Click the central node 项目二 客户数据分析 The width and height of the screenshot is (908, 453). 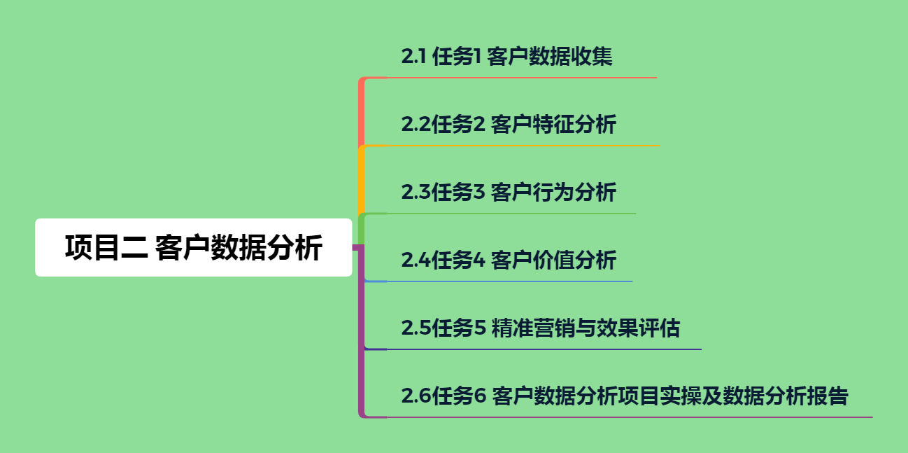(x=193, y=248)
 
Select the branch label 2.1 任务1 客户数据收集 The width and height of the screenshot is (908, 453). (x=506, y=57)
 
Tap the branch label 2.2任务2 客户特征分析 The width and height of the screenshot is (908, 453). (x=509, y=125)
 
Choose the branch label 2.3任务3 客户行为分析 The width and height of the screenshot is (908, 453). (x=509, y=192)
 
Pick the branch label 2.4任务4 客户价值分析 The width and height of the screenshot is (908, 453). (x=509, y=260)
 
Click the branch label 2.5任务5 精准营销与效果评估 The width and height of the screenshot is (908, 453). (x=540, y=328)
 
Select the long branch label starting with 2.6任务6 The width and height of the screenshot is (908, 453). (x=624, y=396)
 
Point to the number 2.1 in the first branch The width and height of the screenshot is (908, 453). (x=414, y=57)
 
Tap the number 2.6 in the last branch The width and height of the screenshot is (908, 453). (x=416, y=396)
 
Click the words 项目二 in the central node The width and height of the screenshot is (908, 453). (x=106, y=248)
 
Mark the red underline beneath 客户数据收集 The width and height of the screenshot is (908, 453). (x=521, y=78)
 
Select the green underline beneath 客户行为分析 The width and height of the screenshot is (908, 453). (x=511, y=214)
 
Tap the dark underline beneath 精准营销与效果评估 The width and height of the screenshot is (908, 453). (x=543, y=349)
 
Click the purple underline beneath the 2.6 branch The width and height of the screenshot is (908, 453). (x=630, y=417)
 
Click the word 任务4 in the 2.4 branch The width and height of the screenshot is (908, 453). (x=459, y=260)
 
